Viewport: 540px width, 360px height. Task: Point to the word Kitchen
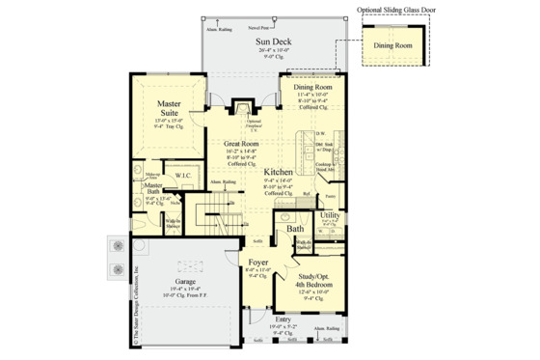[280, 172]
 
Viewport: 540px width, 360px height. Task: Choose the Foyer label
[256, 261]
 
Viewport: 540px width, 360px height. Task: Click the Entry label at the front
[283, 318]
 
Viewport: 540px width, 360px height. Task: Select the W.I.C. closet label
[183, 176]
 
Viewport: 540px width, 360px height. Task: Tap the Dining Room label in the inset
[392, 44]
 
